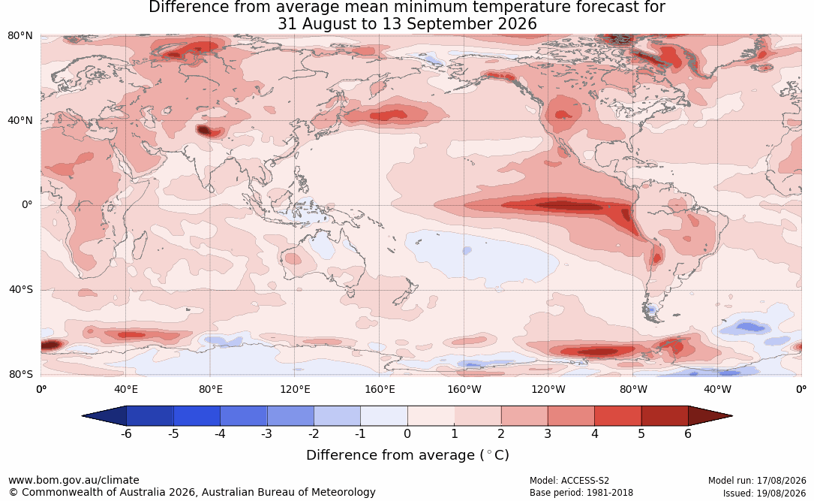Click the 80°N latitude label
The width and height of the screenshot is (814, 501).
point(20,36)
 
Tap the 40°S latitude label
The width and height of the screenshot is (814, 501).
point(21,289)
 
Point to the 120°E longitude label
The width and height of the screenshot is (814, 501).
point(295,389)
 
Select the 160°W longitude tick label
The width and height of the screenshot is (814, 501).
point(464,389)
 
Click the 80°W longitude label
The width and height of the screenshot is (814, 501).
point(633,389)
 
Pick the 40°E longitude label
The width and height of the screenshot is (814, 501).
point(125,389)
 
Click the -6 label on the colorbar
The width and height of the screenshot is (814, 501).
point(126,433)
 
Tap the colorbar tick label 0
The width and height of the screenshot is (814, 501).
point(407,433)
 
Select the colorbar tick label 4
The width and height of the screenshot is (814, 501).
point(594,433)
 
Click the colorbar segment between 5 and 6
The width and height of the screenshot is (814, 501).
point(665,416)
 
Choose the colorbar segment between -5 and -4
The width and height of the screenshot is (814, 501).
point(197,416)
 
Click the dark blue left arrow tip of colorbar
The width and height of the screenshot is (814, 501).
point(83,416)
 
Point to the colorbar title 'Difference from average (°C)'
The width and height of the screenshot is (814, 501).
point(407,455)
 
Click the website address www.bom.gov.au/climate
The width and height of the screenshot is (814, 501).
point(74,480)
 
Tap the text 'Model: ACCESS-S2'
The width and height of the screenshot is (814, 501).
point(569,481)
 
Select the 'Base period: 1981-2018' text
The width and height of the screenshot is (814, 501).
point(581,493)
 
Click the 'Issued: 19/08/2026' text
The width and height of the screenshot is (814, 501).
point(764,493)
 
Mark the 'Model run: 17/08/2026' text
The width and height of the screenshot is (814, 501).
point(757,481)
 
